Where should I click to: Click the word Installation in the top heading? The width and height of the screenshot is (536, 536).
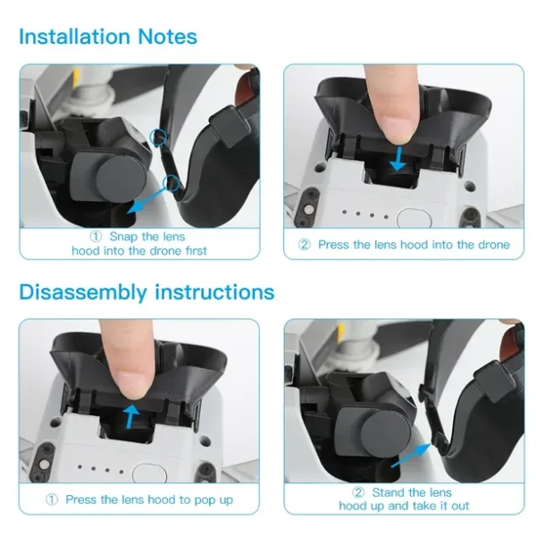coord(74,37)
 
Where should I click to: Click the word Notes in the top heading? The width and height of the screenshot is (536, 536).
coord(168,37)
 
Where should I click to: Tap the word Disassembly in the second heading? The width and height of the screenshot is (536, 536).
coord(83,293)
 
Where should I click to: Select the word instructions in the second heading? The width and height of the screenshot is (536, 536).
coord(214,293)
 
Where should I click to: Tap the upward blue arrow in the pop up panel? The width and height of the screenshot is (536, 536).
coord(131,416)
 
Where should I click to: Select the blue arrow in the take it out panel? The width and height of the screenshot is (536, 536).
coord(411,455)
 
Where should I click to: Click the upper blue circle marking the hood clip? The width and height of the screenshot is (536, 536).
coord(159,137)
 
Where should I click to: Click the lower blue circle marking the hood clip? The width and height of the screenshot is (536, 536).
coord(172,183)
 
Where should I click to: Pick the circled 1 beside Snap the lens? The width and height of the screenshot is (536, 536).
coord(96,237)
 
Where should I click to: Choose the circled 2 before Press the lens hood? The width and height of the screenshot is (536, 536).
coord(304,245)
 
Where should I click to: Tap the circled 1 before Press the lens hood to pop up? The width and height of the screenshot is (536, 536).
coord(52,499)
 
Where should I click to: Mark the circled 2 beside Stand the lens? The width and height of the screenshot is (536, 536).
coord(358,492)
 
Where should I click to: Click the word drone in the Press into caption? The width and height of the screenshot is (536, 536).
coord(492,245)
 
